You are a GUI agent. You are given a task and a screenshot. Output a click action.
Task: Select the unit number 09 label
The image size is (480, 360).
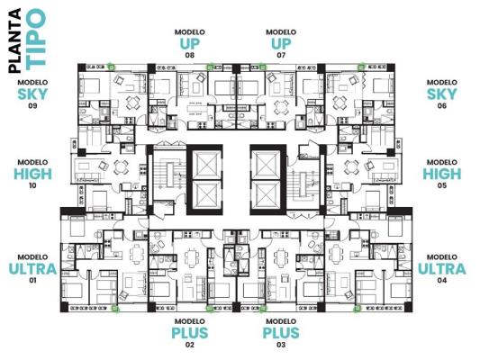pyautogui.click(x=32, y=106)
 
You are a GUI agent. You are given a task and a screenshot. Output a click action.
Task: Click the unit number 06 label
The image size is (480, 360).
pyautogui.click(x=442, y=106)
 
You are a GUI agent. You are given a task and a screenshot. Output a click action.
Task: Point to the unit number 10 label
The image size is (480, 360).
pyautogui.click(x=32, y=186)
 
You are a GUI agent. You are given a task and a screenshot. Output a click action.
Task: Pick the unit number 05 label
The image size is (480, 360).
pyautogui.click(x=442, y=186)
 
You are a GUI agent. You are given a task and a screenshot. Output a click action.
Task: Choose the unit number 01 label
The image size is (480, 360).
pyautogui.click(x=32, y=281)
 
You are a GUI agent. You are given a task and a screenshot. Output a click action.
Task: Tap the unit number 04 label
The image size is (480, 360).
pyautogui.click(x=442, y=281)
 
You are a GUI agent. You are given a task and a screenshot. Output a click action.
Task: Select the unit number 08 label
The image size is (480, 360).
pyautogui.click(x=190, y=55)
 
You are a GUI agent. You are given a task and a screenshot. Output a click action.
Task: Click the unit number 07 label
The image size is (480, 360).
pyautogui.click(x=281, y=55)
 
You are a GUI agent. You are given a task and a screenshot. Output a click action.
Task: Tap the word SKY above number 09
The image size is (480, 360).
pyautogui.click(x=32, y=93)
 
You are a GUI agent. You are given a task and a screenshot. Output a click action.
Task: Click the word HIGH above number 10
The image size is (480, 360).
pyautogui.click(x=32, y=174)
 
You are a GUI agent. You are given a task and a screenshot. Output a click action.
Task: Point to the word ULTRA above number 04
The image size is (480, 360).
pyautogui.click(x=442, y=268)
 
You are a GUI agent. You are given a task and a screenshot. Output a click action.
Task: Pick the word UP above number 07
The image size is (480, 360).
pyautogui.click(x=281, y=43)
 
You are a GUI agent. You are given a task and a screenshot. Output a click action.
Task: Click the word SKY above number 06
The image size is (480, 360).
pyautogui.click(x=442, y=94)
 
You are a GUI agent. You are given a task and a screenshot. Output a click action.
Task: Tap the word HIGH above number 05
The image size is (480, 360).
pyautogui.click(x=442, y=174)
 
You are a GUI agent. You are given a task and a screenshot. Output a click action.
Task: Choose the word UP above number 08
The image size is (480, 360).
pyautogui.click(x=190, y=43)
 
